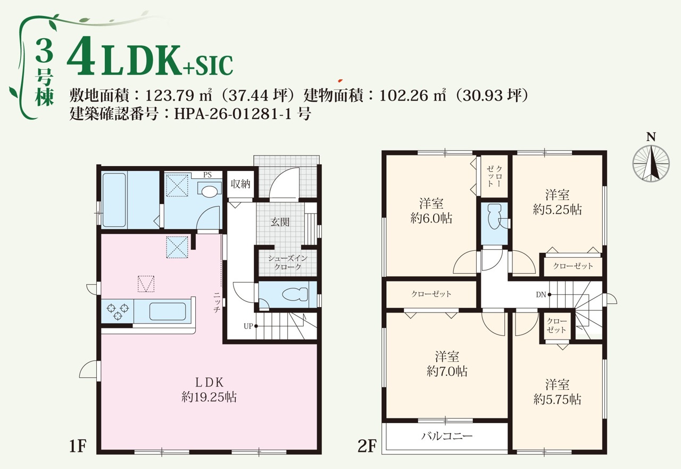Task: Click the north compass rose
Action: click(651, 163)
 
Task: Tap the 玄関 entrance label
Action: click(280, 222)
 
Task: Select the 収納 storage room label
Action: click(240, 184)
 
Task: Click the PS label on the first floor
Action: click(207, 175)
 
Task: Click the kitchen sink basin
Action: click(168, 311)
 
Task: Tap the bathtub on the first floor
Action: click(114, 200)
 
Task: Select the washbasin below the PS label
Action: click(210, 191)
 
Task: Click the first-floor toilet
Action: click(295, 294)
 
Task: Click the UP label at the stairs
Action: click(248, 326)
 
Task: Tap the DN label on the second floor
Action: click(541, 295)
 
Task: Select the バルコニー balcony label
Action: click(446, 436)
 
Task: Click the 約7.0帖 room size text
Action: click(447, 371)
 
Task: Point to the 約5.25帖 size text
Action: click(557, 210)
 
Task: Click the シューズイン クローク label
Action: click(288, 262)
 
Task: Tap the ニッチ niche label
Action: click(217, 302)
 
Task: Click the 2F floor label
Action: click(367, 446)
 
